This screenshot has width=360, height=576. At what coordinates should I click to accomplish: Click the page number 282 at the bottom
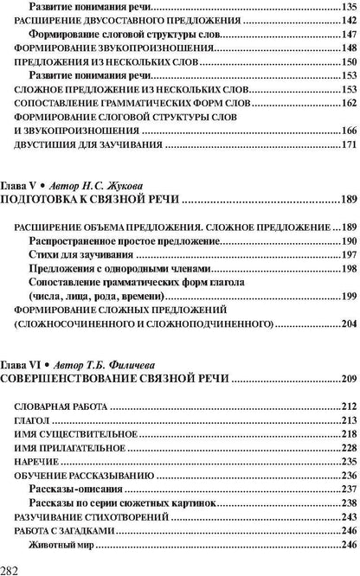point(13,566)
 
